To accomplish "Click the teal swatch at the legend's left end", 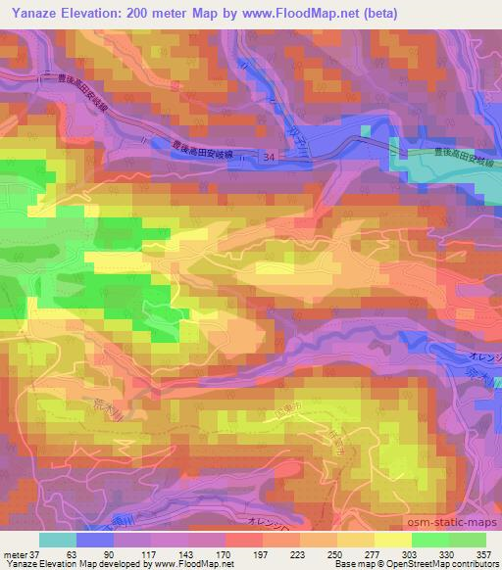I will (57, 540).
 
